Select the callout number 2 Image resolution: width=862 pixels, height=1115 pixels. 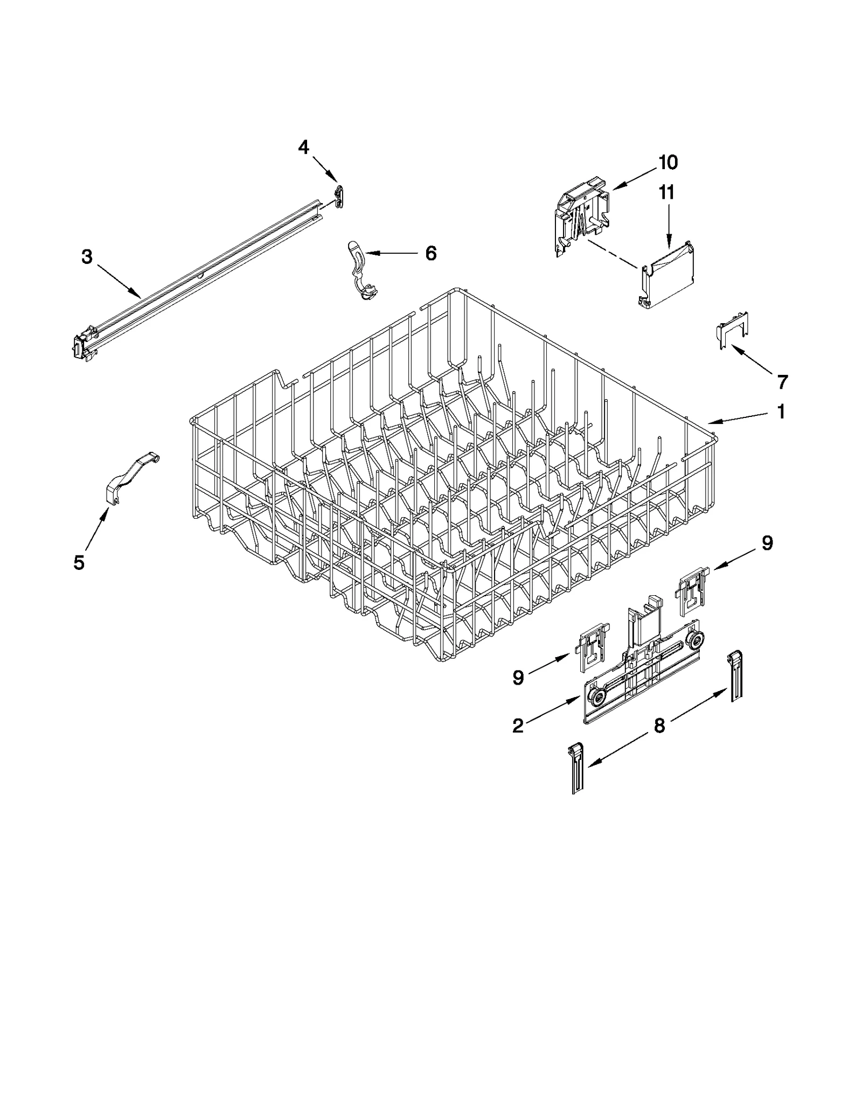coord(517,726)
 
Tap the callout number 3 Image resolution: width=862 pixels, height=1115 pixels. coord(87,257)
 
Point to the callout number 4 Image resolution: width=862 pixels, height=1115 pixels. coord(304,147)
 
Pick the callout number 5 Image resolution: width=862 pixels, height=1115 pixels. coord(79,562)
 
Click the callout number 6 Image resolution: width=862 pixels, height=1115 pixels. coord(430,253)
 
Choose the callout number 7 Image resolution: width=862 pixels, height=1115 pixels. coord(782,381)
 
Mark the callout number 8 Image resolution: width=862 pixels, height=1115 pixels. coord(659,726)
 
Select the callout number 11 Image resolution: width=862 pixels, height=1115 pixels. coord(667,192)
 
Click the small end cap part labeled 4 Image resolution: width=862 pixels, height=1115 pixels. coord(339,196)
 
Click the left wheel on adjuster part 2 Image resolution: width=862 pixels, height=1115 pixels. coord(596,699)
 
